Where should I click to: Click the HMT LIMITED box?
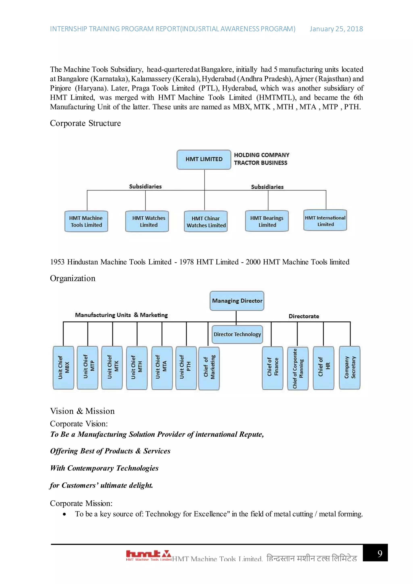point(204,160)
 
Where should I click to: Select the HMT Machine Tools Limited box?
point(86,221)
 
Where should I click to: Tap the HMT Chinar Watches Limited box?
point(206,222)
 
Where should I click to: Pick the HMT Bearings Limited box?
point(267,221)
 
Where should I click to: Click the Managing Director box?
point(237,301)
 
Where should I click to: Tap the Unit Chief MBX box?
point(63,368)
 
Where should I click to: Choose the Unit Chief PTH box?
point(186,368)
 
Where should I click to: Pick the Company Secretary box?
point(350,368)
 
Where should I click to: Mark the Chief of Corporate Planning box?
point(298,368)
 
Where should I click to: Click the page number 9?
point(380,554)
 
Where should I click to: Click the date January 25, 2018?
point(336,29)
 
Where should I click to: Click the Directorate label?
point(304,316)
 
